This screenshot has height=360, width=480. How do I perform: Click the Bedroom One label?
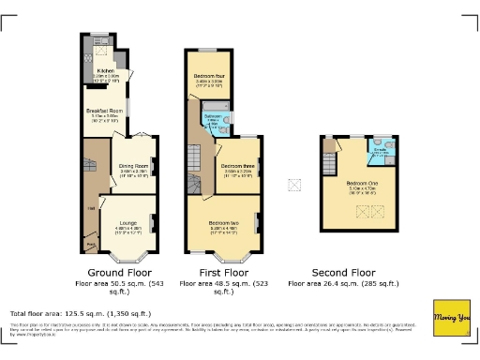[362, 183]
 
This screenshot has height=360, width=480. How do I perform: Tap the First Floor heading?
[223, 268]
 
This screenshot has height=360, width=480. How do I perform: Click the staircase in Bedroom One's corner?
[329, 146]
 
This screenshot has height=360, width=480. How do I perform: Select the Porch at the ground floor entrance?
[91, 246]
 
